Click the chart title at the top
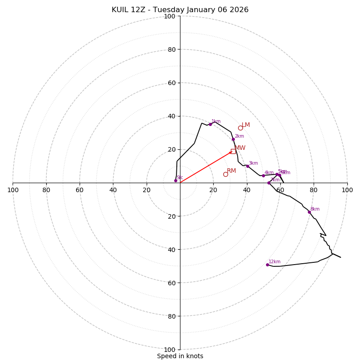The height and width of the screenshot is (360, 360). [x=180, y=10]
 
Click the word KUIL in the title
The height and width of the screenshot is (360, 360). [x=121, y=10]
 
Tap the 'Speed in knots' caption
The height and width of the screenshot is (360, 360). [x=180, y=356]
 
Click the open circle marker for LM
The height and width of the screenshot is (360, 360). [x=240, y=128]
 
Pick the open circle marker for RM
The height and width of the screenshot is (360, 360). [x=225, y=174]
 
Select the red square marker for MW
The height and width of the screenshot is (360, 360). [x=233, y=151]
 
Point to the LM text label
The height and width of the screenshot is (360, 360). [x=246, y=125]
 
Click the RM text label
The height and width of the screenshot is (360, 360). [x=231, y=171]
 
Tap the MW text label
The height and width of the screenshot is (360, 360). [x=240, y=148]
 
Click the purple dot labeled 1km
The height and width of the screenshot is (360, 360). [x=210, y=124]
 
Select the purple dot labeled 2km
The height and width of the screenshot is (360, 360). [x=233, y=139]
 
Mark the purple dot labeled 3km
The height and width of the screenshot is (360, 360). [x=247, y=166]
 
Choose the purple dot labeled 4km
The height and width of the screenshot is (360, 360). [x=263, y=175]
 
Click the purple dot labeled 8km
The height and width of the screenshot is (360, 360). [x=309, y=212]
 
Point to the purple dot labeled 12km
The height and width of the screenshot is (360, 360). [x=267, y=265]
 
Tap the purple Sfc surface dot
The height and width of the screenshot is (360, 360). [x=175, y=180]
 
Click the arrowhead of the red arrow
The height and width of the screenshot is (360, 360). [x=231, y=152]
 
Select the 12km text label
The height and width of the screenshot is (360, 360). [x=274, y=262]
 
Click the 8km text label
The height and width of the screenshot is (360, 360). [x=315, y=209]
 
